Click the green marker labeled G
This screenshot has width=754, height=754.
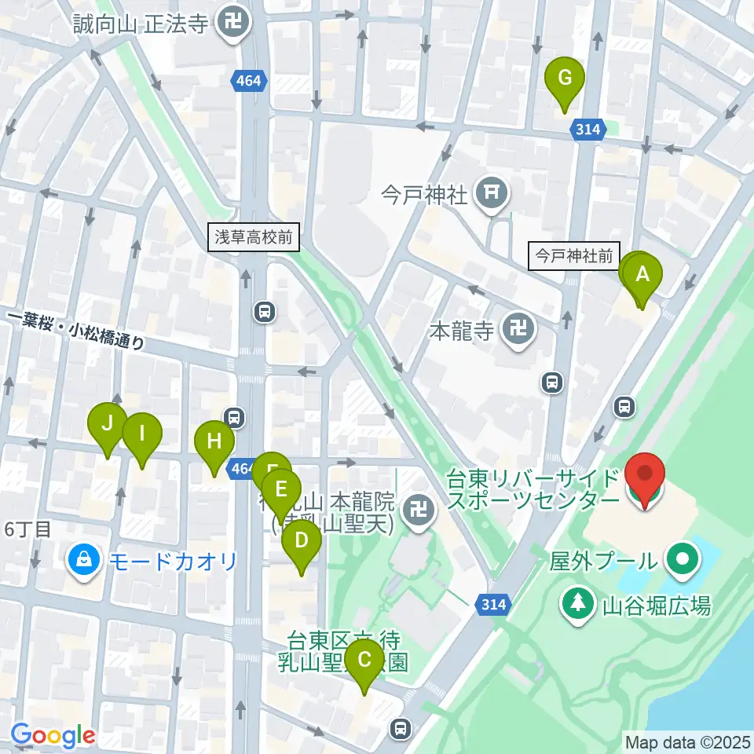pos(565,79)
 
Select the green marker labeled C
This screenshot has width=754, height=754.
pos(364,661)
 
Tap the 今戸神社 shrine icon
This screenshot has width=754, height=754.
pos(492,191)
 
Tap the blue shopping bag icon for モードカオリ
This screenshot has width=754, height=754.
pos(82,561)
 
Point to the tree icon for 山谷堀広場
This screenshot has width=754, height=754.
pos(578,604)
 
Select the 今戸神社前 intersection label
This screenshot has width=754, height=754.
pos(574,256)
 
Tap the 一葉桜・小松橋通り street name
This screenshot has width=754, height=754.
pos(77,329)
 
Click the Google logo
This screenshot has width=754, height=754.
pos(53,736)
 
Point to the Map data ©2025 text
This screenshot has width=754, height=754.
pos(687,741)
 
